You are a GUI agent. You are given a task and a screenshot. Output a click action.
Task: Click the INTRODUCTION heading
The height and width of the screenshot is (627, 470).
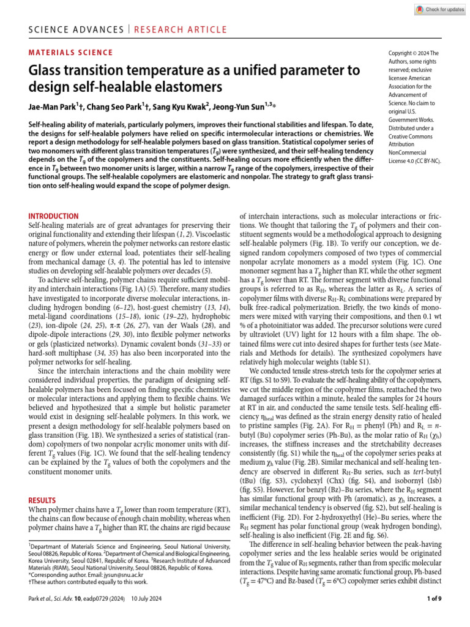[x=54, y=216]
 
